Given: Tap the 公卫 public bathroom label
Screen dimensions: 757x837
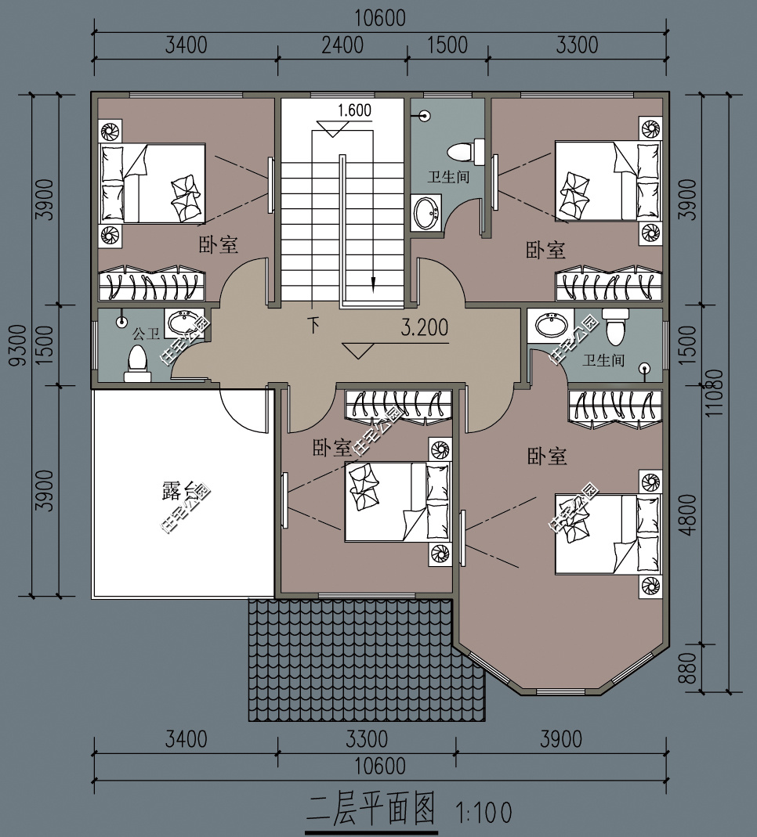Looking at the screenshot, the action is click(x=146, y=334).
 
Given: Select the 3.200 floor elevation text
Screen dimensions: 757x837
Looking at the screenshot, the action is click(x=425, y=327).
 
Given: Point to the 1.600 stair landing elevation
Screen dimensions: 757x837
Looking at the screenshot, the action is click(x=355, y=110).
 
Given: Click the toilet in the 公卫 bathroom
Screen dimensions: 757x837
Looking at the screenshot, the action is click(x=137, y=363).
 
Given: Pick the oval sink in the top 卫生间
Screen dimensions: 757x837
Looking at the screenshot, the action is click(x=426, y=212).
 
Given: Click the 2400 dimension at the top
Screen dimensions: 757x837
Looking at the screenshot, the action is click(x=342, y=45).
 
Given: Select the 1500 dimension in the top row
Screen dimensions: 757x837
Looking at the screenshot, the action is click(x=447, y=45).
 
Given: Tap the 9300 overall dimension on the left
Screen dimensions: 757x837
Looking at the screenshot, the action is click(x=18, y=345).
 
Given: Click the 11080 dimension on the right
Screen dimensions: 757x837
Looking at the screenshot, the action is click(x=714, y=393).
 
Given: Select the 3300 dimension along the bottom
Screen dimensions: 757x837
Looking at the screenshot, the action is click(x=367, y=739).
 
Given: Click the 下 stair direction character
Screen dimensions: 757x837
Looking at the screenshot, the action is click(x=313, y=325).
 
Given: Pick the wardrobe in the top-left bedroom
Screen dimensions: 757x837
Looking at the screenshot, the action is click(x=152, y=283).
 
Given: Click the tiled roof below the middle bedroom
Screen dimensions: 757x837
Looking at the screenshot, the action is click(x=367, y=660).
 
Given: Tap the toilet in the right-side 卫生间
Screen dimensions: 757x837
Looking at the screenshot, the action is click(x=615, y=327).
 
